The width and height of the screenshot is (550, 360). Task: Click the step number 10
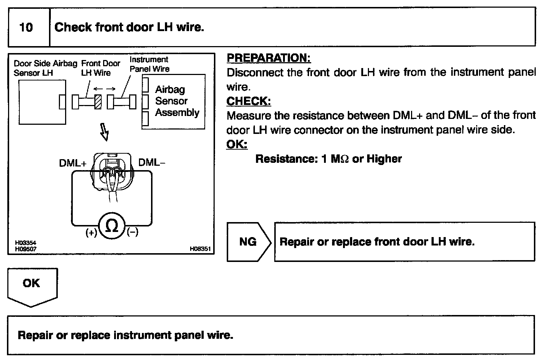(x=26, y=27)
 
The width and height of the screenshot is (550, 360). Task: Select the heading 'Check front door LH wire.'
(x=129, y=27)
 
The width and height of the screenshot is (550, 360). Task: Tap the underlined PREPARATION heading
(x=269, y=58)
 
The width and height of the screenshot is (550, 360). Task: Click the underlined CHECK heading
(x=249, y=101)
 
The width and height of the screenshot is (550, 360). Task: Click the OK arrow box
(x=31, y=285)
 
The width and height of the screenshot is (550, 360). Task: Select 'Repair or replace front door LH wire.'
(x=377, y=242)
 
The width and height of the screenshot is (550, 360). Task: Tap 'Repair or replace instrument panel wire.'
(x=125, y=335)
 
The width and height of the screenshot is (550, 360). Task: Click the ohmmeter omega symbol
(x=112, y=226)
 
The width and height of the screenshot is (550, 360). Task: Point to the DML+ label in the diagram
(x=73, y=163)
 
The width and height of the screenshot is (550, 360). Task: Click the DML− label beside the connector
(x=151, y=162)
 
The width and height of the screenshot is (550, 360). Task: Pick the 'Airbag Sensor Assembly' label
(x=177, y=101)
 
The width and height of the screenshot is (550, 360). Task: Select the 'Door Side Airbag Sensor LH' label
(x=45, y=68)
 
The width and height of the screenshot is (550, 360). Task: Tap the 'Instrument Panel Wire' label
(x=149, y=64)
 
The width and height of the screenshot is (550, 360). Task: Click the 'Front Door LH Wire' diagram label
(x=100, y=68)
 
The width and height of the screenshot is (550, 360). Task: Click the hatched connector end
(x=98, y=102)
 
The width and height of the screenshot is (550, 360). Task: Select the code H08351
(x=200, y=249)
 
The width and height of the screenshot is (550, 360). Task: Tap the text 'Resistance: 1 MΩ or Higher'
(x=328, y=159)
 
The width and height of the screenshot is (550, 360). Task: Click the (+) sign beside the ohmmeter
(x=91, y=232)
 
